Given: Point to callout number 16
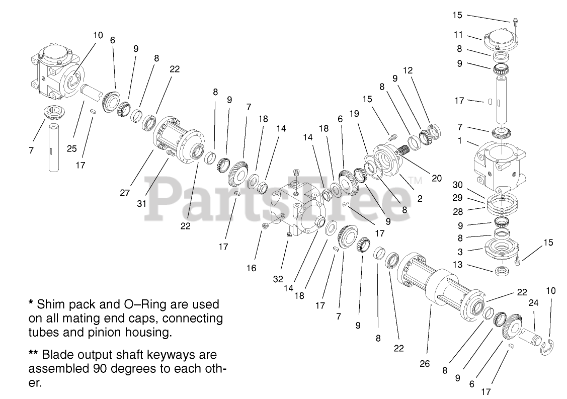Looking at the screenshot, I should coord(251,268).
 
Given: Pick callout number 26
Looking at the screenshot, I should coord(425,363).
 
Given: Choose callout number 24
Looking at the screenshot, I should coord(533,303).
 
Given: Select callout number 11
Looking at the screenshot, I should coord(457,35).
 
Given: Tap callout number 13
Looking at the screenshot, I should coord(457,265).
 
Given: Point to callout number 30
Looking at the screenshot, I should coord(457,185).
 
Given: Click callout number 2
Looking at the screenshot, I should coord(420,199).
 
